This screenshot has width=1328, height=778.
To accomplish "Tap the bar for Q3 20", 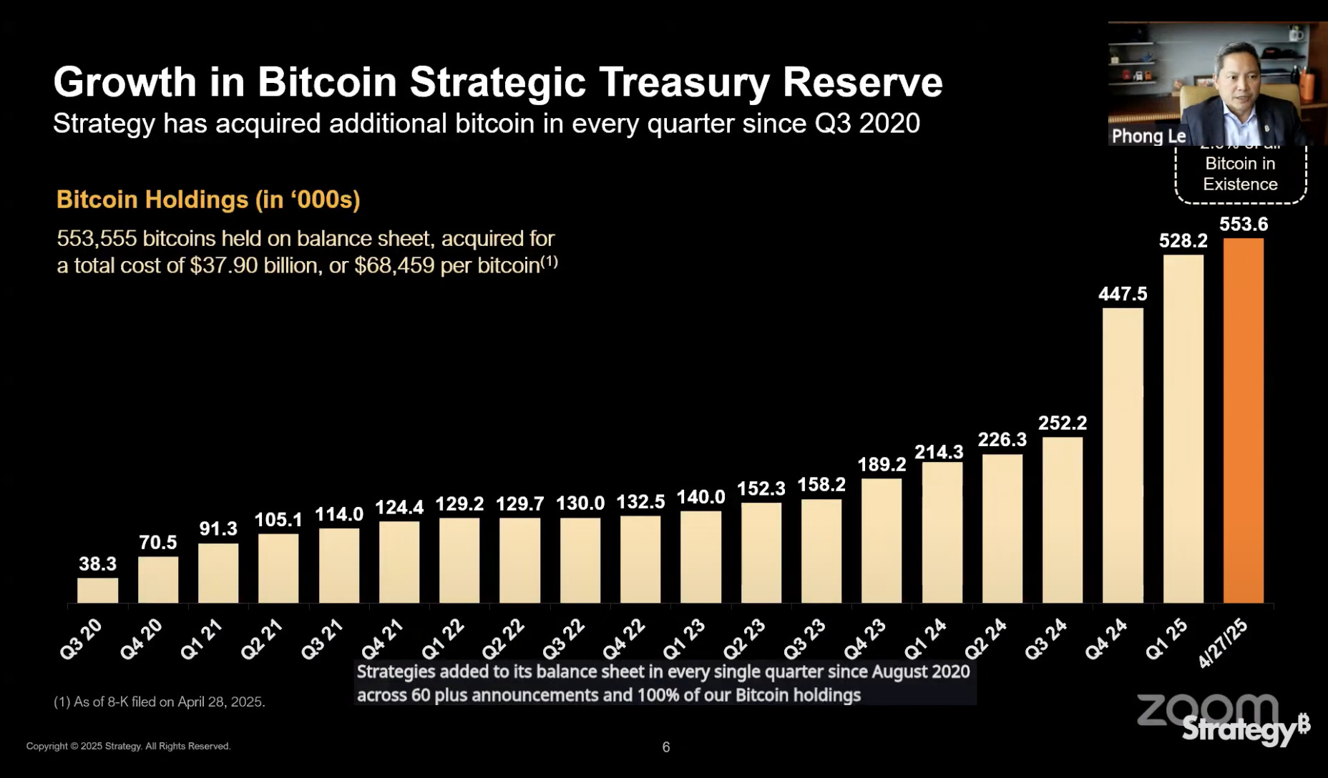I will (97, 591).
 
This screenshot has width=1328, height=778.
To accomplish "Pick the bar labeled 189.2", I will (882, 541).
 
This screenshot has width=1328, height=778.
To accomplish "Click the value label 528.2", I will (1183, 241).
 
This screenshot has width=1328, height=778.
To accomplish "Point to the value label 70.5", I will (157, 543).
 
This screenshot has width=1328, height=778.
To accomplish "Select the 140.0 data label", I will (700, 497).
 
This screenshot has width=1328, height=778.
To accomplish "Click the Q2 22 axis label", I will (503, 639).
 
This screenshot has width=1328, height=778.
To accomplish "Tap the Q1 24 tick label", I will (925, 639).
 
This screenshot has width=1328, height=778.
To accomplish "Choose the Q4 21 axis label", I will (382, 639).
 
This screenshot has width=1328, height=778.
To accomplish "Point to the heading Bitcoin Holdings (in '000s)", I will (208, 200).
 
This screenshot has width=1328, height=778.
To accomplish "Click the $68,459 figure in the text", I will (394, 266).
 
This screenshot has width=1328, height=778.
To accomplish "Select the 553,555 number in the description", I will (96, 239).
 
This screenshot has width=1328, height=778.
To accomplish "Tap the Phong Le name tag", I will (1148, 136).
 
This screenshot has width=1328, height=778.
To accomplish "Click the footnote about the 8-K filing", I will (160, 702).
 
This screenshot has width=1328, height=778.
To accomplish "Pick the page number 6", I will (666, 747).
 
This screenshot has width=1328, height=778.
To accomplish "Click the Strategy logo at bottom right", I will (1245, 729).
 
